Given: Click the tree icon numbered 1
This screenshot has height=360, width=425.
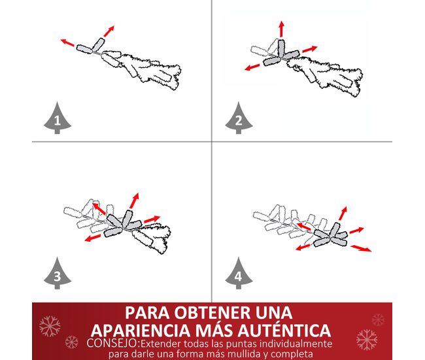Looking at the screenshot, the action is tap(57, 118).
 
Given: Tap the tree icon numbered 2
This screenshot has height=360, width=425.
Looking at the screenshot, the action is tap(239, 118).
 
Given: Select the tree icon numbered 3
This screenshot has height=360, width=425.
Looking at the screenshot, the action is tap(57, 274).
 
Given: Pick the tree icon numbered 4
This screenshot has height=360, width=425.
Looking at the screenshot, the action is tap(239, 274).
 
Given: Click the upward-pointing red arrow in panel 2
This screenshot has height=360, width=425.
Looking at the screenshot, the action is tap(282, 29).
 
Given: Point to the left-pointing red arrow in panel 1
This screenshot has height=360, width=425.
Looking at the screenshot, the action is tap(67, 42).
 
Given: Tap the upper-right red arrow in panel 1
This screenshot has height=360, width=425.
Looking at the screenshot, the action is tap(109, 31).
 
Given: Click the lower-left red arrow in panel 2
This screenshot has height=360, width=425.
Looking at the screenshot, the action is tap(252, 67).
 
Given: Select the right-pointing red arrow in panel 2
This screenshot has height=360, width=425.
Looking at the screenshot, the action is tap(309, 49).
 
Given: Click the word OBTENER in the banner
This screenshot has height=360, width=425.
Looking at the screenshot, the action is tap(212, 313).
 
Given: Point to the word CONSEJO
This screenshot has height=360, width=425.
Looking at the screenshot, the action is tap(112, 343).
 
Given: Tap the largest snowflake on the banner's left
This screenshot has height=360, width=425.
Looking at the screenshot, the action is tap(50, 326).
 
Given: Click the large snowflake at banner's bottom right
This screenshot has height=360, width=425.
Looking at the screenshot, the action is tap(367, 339).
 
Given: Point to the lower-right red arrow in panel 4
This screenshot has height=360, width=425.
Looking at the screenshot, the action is tap(361, 248).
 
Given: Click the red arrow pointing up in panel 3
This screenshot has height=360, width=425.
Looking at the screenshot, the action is tap(134, 201).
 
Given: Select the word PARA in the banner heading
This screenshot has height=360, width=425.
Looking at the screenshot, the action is tap(147, 313).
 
